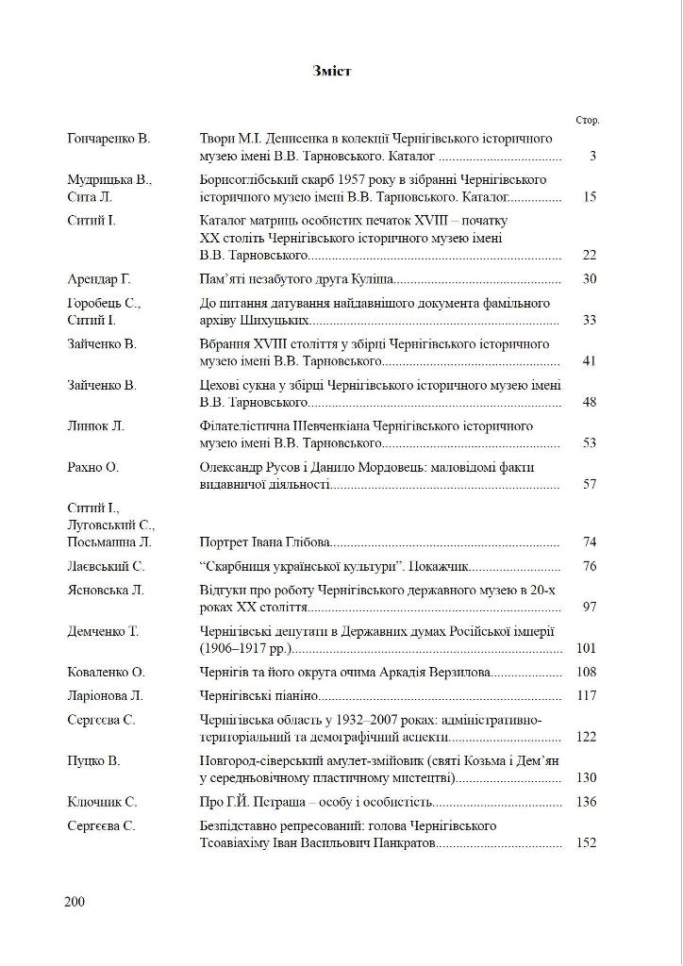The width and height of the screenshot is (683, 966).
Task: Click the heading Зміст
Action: coord(331,71)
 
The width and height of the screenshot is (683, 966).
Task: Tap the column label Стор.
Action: coord(587,121)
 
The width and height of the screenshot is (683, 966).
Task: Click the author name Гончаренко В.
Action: coord(108,139)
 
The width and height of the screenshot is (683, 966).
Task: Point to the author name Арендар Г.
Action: coord(99,279)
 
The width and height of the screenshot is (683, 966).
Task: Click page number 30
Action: coord(590,279)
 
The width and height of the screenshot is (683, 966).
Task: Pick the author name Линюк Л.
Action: coord(96,426)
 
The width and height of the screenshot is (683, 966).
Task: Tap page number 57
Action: coord(590,485)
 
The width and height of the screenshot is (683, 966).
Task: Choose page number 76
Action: coord(590,567)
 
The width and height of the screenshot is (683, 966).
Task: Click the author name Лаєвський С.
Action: coord(106,567)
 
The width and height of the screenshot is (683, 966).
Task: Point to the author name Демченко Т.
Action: coord(104,632)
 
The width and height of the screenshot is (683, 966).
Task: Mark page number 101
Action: coord(587,650)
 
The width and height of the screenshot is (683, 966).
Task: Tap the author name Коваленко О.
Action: coord(106,673)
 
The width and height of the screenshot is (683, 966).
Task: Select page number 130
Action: coord(587,778)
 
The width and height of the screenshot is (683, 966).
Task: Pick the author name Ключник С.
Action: coord(103,802)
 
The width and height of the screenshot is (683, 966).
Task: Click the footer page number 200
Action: coord(75,902)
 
